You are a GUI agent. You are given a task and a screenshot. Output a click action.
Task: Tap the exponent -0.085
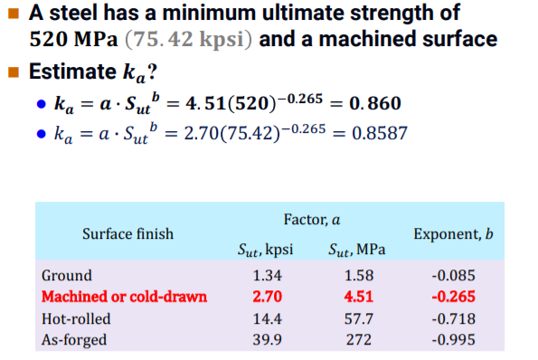pos(452,275)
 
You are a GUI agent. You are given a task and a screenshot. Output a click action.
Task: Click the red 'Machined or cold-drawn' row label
pos(124,297)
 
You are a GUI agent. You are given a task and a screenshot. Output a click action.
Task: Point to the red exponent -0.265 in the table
pos(452,297)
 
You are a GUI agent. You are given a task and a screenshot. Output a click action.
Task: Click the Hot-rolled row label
pos(75,318)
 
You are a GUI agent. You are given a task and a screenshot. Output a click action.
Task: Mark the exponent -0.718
pos(452,318)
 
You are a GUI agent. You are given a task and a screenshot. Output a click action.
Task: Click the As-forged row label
pos(74,339)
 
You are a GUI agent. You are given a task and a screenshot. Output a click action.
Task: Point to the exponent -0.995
pos(452,339)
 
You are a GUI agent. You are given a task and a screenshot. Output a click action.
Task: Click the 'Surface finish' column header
pos(127,233)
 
